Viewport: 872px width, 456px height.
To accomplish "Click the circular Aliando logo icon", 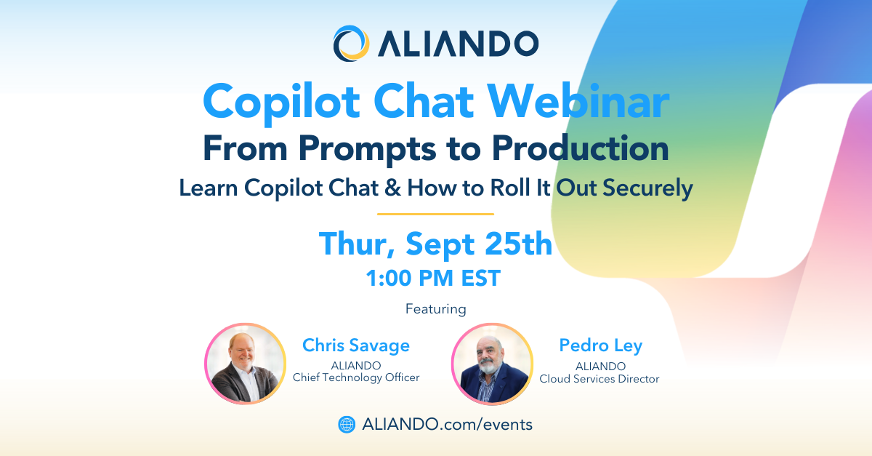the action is click(351, 43).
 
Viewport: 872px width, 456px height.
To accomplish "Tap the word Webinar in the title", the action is click(578, 102).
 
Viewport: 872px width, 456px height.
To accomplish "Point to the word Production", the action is click(580, 148).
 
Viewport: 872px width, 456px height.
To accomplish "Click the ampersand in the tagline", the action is click(392, 188).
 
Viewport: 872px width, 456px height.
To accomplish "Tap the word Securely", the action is click(647, 189).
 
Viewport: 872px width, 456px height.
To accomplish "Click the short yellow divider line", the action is click(435, 214).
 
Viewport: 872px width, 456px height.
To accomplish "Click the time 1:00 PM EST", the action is click(433, 279).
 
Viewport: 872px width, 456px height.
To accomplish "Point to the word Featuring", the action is click(435, 309).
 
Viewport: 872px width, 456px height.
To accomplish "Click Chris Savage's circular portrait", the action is click(246, 364).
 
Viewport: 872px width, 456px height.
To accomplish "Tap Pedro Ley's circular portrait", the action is click(492, 364).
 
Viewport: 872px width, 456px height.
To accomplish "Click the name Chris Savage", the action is click(356, 345).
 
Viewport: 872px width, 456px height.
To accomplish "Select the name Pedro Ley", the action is click(601, 345).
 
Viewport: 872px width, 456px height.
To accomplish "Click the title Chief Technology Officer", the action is click(356, 377).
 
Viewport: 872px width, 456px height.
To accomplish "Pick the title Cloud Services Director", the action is click(599, 379).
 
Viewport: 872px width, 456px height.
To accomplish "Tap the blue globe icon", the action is click(347, 425).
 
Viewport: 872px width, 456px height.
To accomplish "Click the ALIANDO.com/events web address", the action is click(448, 425).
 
